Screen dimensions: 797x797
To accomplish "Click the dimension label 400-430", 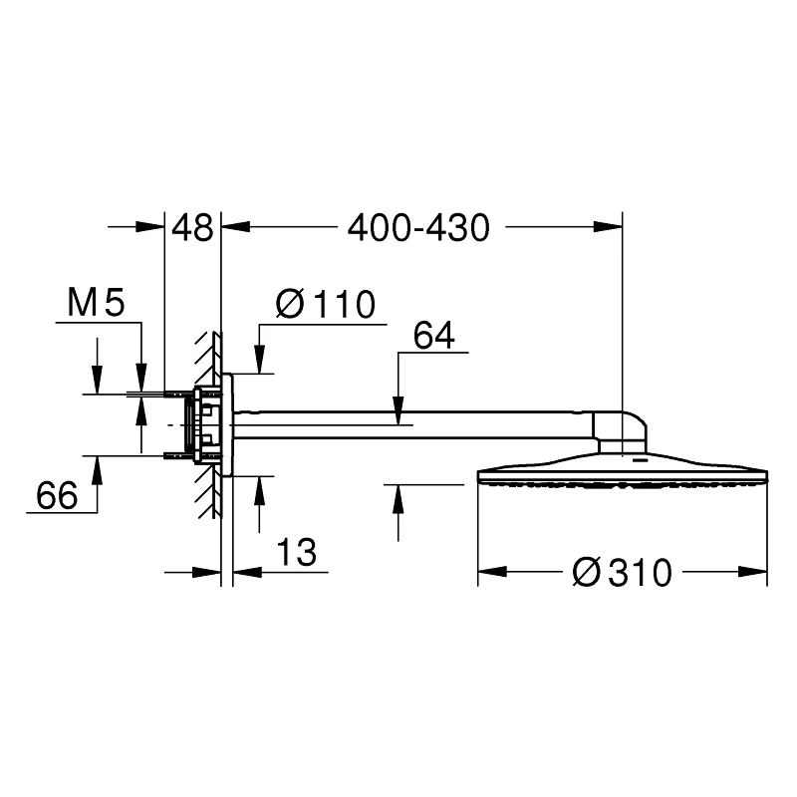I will pos(418,228).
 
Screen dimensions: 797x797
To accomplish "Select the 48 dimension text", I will pos(192,228).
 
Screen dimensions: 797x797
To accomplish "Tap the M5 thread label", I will pos(96,303).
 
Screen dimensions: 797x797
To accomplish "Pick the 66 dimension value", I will pos(57,495).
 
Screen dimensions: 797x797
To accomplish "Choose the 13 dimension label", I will pos(296,550).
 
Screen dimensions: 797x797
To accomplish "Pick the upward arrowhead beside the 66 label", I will pos(97,468).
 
